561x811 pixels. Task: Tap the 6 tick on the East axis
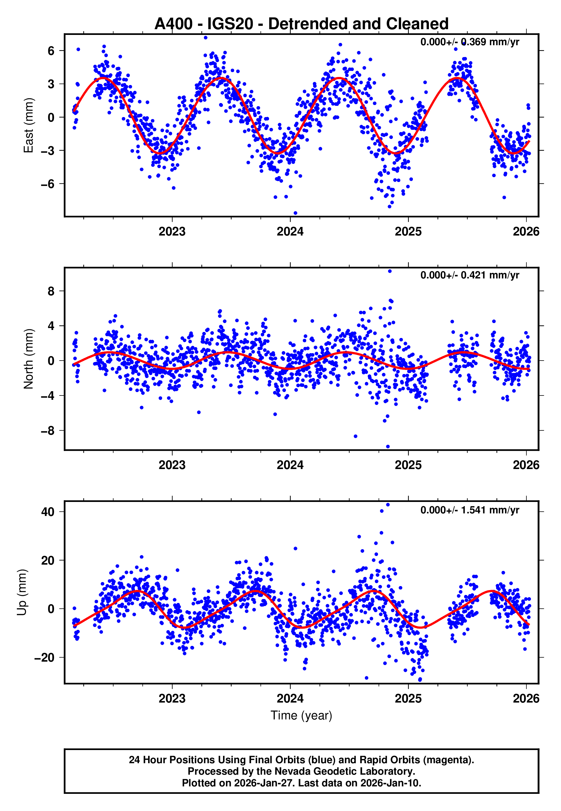[x=51, y=51]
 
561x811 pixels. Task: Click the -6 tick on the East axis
[x=48, y=184]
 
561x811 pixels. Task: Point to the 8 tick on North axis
[x=51, y=291]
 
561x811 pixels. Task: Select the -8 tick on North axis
[x=48, y=431]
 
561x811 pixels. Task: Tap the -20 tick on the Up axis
[x=44, y=658]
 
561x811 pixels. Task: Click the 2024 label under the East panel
[x=290, y=232]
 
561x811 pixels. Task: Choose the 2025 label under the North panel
[x=408, y=465]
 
